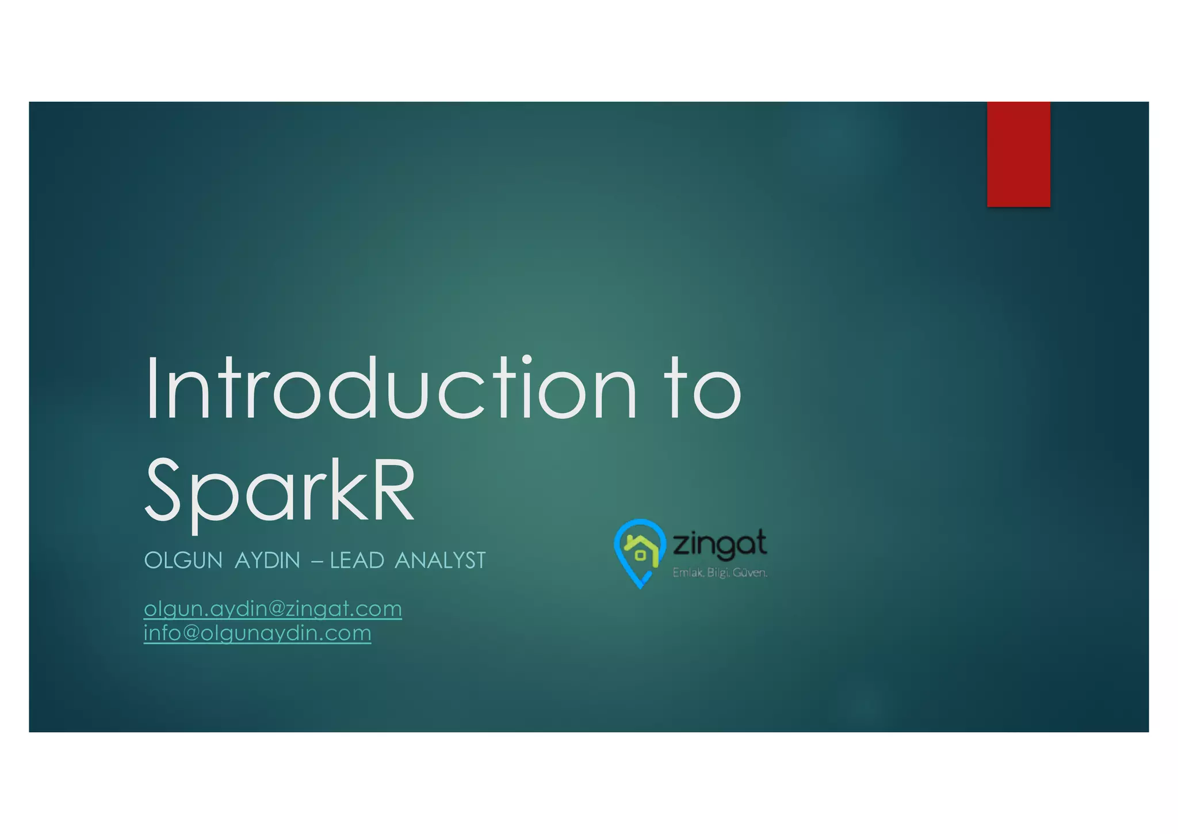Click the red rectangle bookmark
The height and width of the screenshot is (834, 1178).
point(1018,154)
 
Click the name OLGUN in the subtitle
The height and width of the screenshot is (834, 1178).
point(183,560)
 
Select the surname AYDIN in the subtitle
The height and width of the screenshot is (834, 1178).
point(267,560)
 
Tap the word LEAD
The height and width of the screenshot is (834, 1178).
point(357,560)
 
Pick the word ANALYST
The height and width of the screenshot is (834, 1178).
point(440,560)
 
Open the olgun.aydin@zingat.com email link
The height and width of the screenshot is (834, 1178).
point(273,608)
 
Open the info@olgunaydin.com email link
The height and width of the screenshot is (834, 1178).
point(257,633)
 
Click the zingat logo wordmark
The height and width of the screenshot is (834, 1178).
point(719,544)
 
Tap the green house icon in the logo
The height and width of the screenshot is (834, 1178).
point(640,549)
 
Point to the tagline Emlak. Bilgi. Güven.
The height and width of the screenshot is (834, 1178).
point(720,573)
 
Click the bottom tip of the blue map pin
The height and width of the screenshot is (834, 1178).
point(640,587)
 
